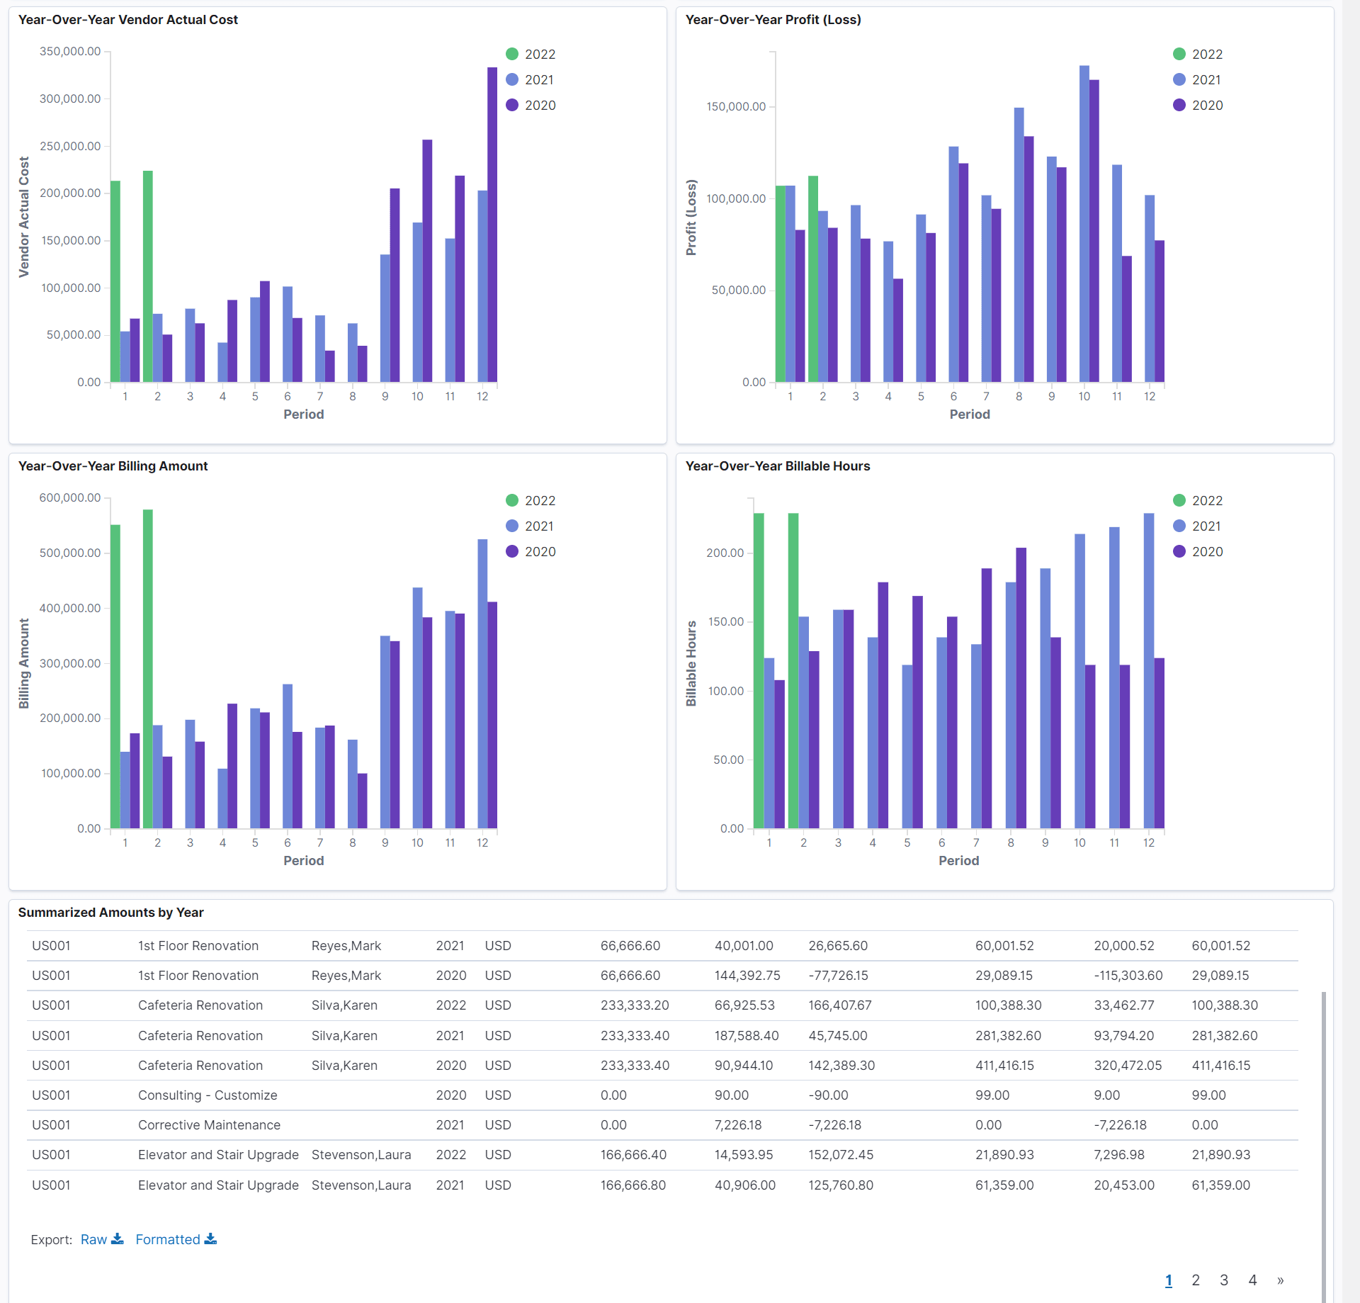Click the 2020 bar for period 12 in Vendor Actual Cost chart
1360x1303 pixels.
coord(492,227)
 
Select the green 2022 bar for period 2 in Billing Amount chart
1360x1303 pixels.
coord(148,670)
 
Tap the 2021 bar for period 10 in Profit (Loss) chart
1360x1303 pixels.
coord(1084,227)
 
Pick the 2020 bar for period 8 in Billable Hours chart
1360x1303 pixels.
coord(1021,687)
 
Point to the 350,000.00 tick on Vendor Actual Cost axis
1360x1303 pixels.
coord(70,52)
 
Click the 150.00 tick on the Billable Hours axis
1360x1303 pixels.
coord(726,622)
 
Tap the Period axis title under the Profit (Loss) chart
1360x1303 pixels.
coord(969,414)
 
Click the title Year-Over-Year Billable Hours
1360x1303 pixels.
coord(777,466)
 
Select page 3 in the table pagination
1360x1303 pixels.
coord(1224,1280)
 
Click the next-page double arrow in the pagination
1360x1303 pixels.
coord(1280,1280)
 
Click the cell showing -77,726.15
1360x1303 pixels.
coord(838,976)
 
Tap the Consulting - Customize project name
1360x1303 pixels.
coord(208,1095)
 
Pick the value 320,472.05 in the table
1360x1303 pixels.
coord(1128,1066)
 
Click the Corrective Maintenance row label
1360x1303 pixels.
coord(209,1125)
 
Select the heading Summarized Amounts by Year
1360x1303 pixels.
coord(110,913)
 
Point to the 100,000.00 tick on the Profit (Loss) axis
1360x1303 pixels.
coord(736,199)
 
